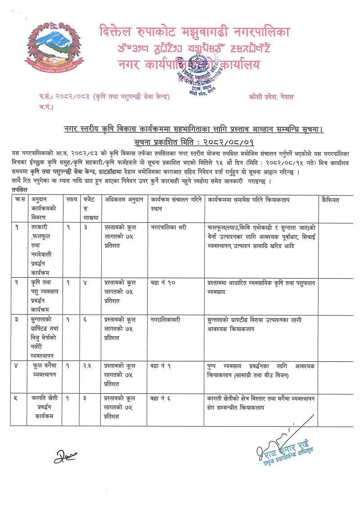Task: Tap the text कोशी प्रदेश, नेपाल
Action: pos(271,97)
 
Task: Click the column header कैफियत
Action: pos(331,199)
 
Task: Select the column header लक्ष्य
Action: pos(71,199)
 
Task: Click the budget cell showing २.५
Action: pos(89,366)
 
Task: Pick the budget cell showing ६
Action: pos(86,320)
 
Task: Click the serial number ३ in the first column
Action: pos(18,320)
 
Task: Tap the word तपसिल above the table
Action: pos(20,190)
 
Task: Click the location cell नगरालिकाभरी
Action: pos(166,320)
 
